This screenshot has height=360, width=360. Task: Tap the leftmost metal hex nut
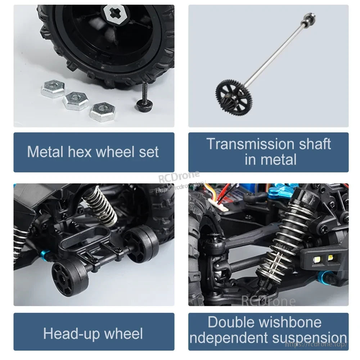pos(53,89)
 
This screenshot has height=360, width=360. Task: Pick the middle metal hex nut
pos(76,101)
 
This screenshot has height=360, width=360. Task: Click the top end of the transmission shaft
pos(310,17)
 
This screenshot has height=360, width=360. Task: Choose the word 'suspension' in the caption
pos(309,338)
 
